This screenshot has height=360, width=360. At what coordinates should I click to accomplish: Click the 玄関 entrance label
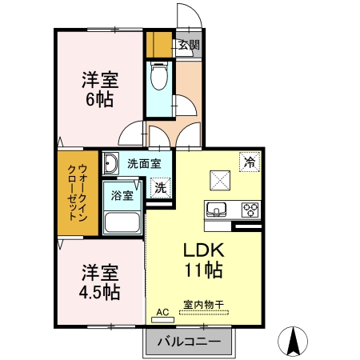coord(189,45)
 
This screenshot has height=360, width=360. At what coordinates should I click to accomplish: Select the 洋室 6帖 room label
coord(99,90)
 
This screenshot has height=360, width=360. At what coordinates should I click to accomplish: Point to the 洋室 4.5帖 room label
coord(99,282)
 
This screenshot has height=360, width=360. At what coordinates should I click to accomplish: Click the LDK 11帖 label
coord(204,260)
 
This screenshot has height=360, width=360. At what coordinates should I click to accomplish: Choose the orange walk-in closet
coord(76,192)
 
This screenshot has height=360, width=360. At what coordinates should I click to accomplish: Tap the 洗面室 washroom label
coord(145,163)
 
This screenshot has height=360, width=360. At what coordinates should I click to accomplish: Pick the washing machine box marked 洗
coord(161,189)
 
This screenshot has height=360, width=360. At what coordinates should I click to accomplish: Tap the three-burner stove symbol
coord(250,210)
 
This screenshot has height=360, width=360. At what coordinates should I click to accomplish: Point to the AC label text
coord(162,312)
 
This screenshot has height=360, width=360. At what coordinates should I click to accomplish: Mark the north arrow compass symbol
coord(293,342)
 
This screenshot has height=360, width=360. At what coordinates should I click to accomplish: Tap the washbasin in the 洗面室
coord(111,164)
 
